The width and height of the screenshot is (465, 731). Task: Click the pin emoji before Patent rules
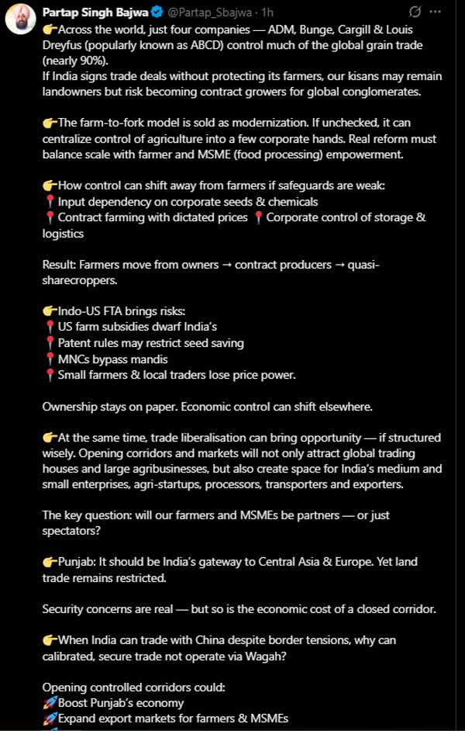point(50,343)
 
